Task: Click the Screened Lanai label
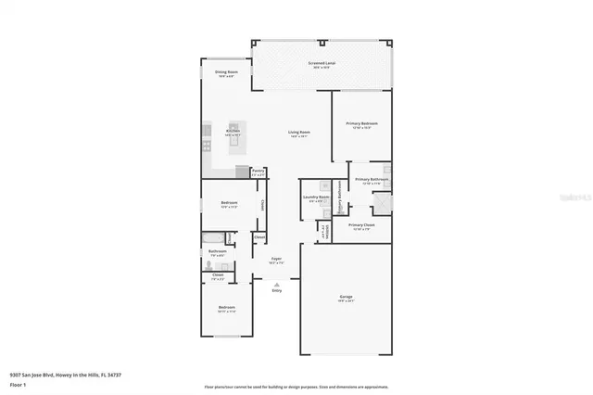322,63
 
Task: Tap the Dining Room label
227,72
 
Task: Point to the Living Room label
298,134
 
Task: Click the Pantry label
259,172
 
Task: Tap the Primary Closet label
361,225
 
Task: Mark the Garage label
346,298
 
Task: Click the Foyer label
276,260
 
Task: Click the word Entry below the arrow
276,291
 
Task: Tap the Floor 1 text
19,383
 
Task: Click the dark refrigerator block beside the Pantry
243,172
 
